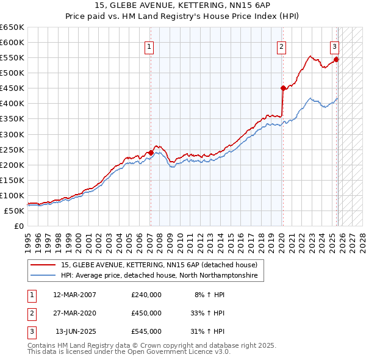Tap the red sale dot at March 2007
(151, 153)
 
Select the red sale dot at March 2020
(283, 88)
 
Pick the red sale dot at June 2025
(336, 59)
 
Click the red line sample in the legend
(43, 265)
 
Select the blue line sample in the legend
(43, 276)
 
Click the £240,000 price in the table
(146, 295)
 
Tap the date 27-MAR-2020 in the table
(74, 313)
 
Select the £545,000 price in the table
(146, 331)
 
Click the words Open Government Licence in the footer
(174, 352)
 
